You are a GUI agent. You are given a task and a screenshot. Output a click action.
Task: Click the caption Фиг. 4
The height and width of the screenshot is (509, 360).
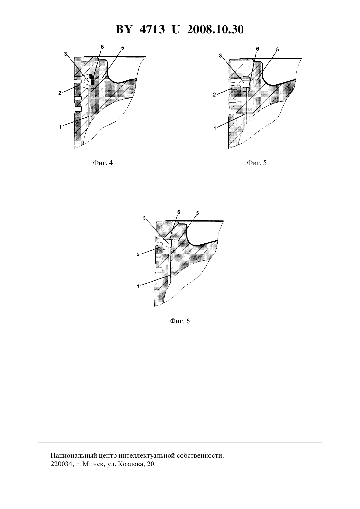(x=103, y=163)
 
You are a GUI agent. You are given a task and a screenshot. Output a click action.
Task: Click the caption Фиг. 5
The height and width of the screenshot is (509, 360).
(x=257, y=163)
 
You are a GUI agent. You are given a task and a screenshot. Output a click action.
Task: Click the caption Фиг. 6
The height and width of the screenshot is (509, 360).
(x=180, y=321)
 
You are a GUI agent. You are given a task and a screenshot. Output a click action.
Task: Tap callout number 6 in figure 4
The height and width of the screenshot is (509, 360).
(x=102, y=47)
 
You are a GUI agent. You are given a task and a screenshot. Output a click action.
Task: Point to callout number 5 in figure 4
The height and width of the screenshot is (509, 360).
(x=122, y=48)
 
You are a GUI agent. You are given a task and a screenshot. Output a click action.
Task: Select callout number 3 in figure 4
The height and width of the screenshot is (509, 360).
(x=66, y=54)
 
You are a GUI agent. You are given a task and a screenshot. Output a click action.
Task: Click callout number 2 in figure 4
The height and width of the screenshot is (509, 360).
(x=60, y=93)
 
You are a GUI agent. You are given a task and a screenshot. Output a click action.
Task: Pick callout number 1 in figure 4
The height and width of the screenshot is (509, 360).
(x=60, y=127)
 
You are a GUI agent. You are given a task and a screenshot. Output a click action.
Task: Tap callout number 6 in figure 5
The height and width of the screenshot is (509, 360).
(x=257, y=49)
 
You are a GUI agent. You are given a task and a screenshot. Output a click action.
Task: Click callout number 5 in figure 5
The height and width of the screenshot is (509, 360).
(x=277, y=49)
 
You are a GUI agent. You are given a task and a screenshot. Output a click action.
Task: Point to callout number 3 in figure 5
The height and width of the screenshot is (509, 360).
(x=220, y=55)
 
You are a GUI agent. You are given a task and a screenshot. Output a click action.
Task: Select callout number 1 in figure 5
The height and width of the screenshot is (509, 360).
(x=215, y=128)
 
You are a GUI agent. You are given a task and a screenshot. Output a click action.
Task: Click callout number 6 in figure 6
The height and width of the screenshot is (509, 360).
(x=179, y=212)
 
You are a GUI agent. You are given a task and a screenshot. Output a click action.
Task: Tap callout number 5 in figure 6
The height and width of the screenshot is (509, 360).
(x=197, y=213)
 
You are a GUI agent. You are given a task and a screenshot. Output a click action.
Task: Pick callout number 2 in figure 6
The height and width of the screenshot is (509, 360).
(x=138, y=254)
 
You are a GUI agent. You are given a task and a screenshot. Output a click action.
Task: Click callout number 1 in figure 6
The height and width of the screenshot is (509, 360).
(x=138, y=286)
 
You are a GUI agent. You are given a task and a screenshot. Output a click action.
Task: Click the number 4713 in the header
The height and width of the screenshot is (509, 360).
(x=152, y=29)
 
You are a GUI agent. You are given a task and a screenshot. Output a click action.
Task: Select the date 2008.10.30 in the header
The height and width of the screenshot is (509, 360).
(x=215, y=29)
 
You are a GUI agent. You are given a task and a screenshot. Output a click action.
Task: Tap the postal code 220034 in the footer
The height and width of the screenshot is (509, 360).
(x=61, y=464)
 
